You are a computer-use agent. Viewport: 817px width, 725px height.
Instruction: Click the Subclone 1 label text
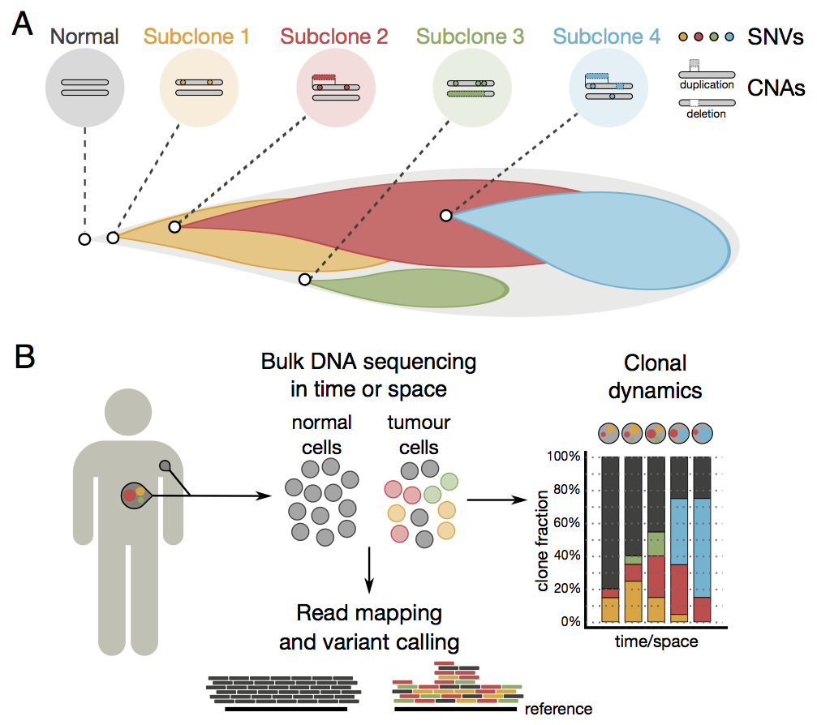point(196,36)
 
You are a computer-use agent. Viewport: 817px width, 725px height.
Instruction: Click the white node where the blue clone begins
point(445,215)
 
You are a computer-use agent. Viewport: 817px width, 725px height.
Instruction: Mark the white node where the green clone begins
point(304,280)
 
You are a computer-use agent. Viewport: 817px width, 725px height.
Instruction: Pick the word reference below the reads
point(558,708)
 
